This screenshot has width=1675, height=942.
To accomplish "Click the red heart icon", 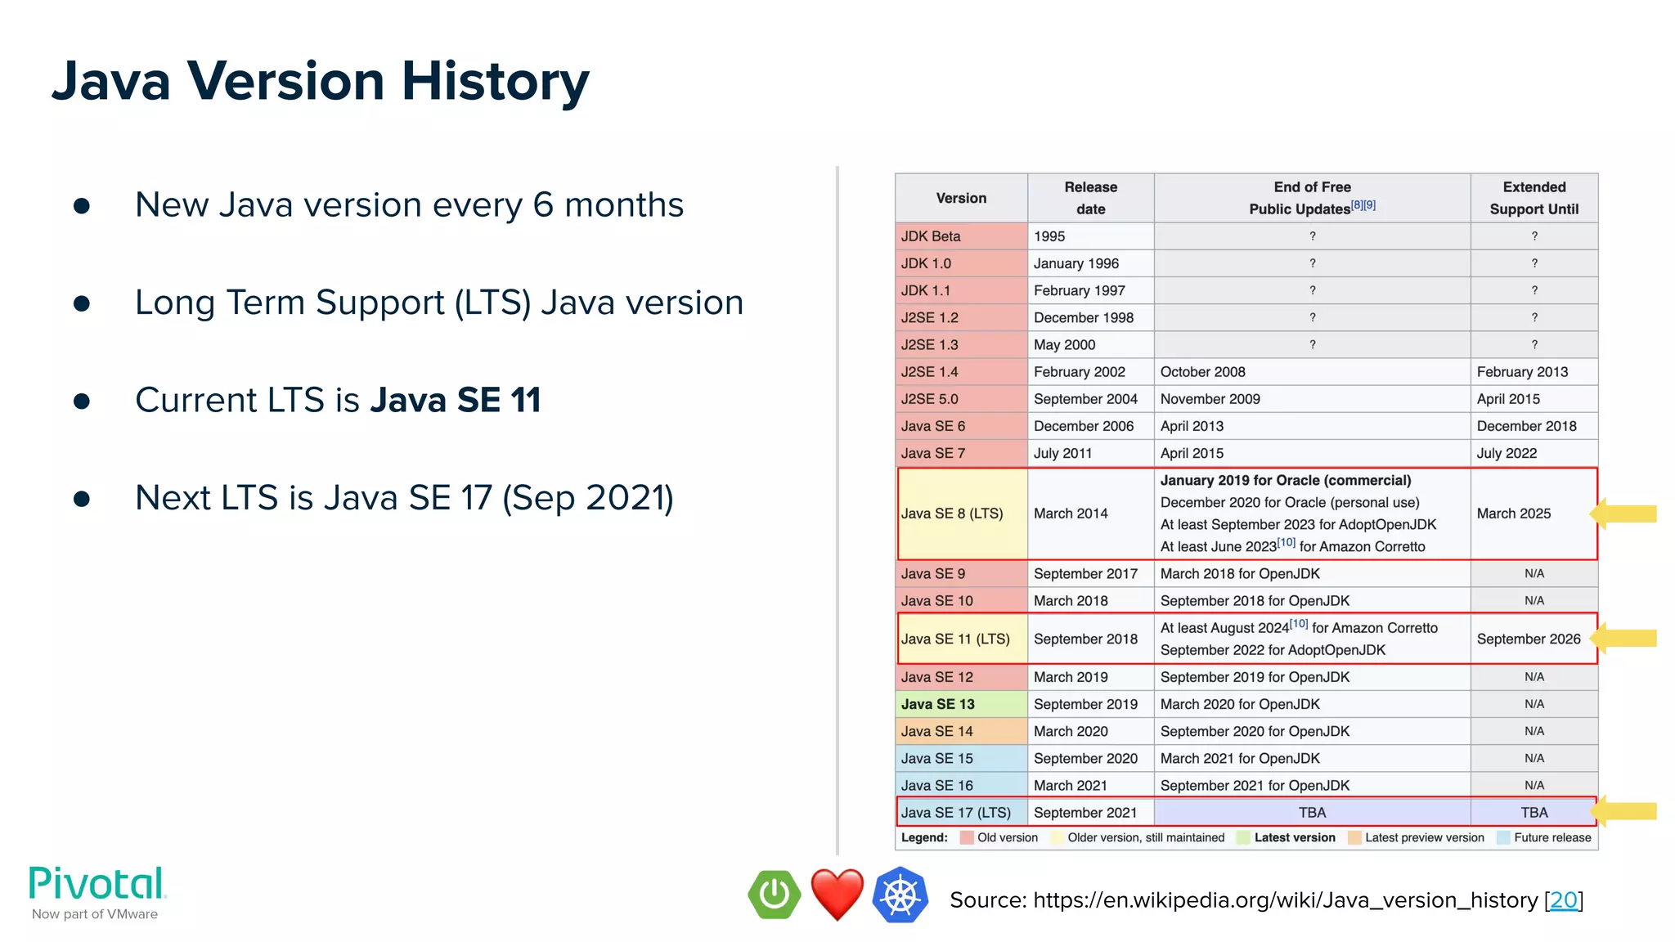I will coord(837,894).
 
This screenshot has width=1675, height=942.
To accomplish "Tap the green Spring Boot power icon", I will coord(774,895).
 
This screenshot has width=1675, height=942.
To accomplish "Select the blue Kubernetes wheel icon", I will coord(900,895).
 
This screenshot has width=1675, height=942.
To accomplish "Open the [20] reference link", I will coord(1563,900).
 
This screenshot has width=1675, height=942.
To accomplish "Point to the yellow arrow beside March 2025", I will coord(1625,514).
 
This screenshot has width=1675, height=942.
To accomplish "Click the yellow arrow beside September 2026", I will coord(1625,639).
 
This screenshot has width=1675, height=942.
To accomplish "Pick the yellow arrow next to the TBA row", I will coord(1625,811).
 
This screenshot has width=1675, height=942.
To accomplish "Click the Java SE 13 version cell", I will coord(938,704).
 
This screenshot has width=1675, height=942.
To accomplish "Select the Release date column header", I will coord(1090,198).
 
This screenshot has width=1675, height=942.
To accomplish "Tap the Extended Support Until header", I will coord(1534,198).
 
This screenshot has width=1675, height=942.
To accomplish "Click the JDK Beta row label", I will coord(931,236).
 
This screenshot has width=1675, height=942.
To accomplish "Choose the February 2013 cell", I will coord(1522,372).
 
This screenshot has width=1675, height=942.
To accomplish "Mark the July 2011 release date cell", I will coord(1062,453).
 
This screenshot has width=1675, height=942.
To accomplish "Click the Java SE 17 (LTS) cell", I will coord(955,813).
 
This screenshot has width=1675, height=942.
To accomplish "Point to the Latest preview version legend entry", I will coord(1424,837).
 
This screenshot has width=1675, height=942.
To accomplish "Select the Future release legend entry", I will coord(1552,837).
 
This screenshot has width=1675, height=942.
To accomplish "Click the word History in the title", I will coord(495,82).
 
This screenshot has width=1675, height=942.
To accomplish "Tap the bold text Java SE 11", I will coord(456,401).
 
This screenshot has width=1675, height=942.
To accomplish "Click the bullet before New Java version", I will coord(82,205).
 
